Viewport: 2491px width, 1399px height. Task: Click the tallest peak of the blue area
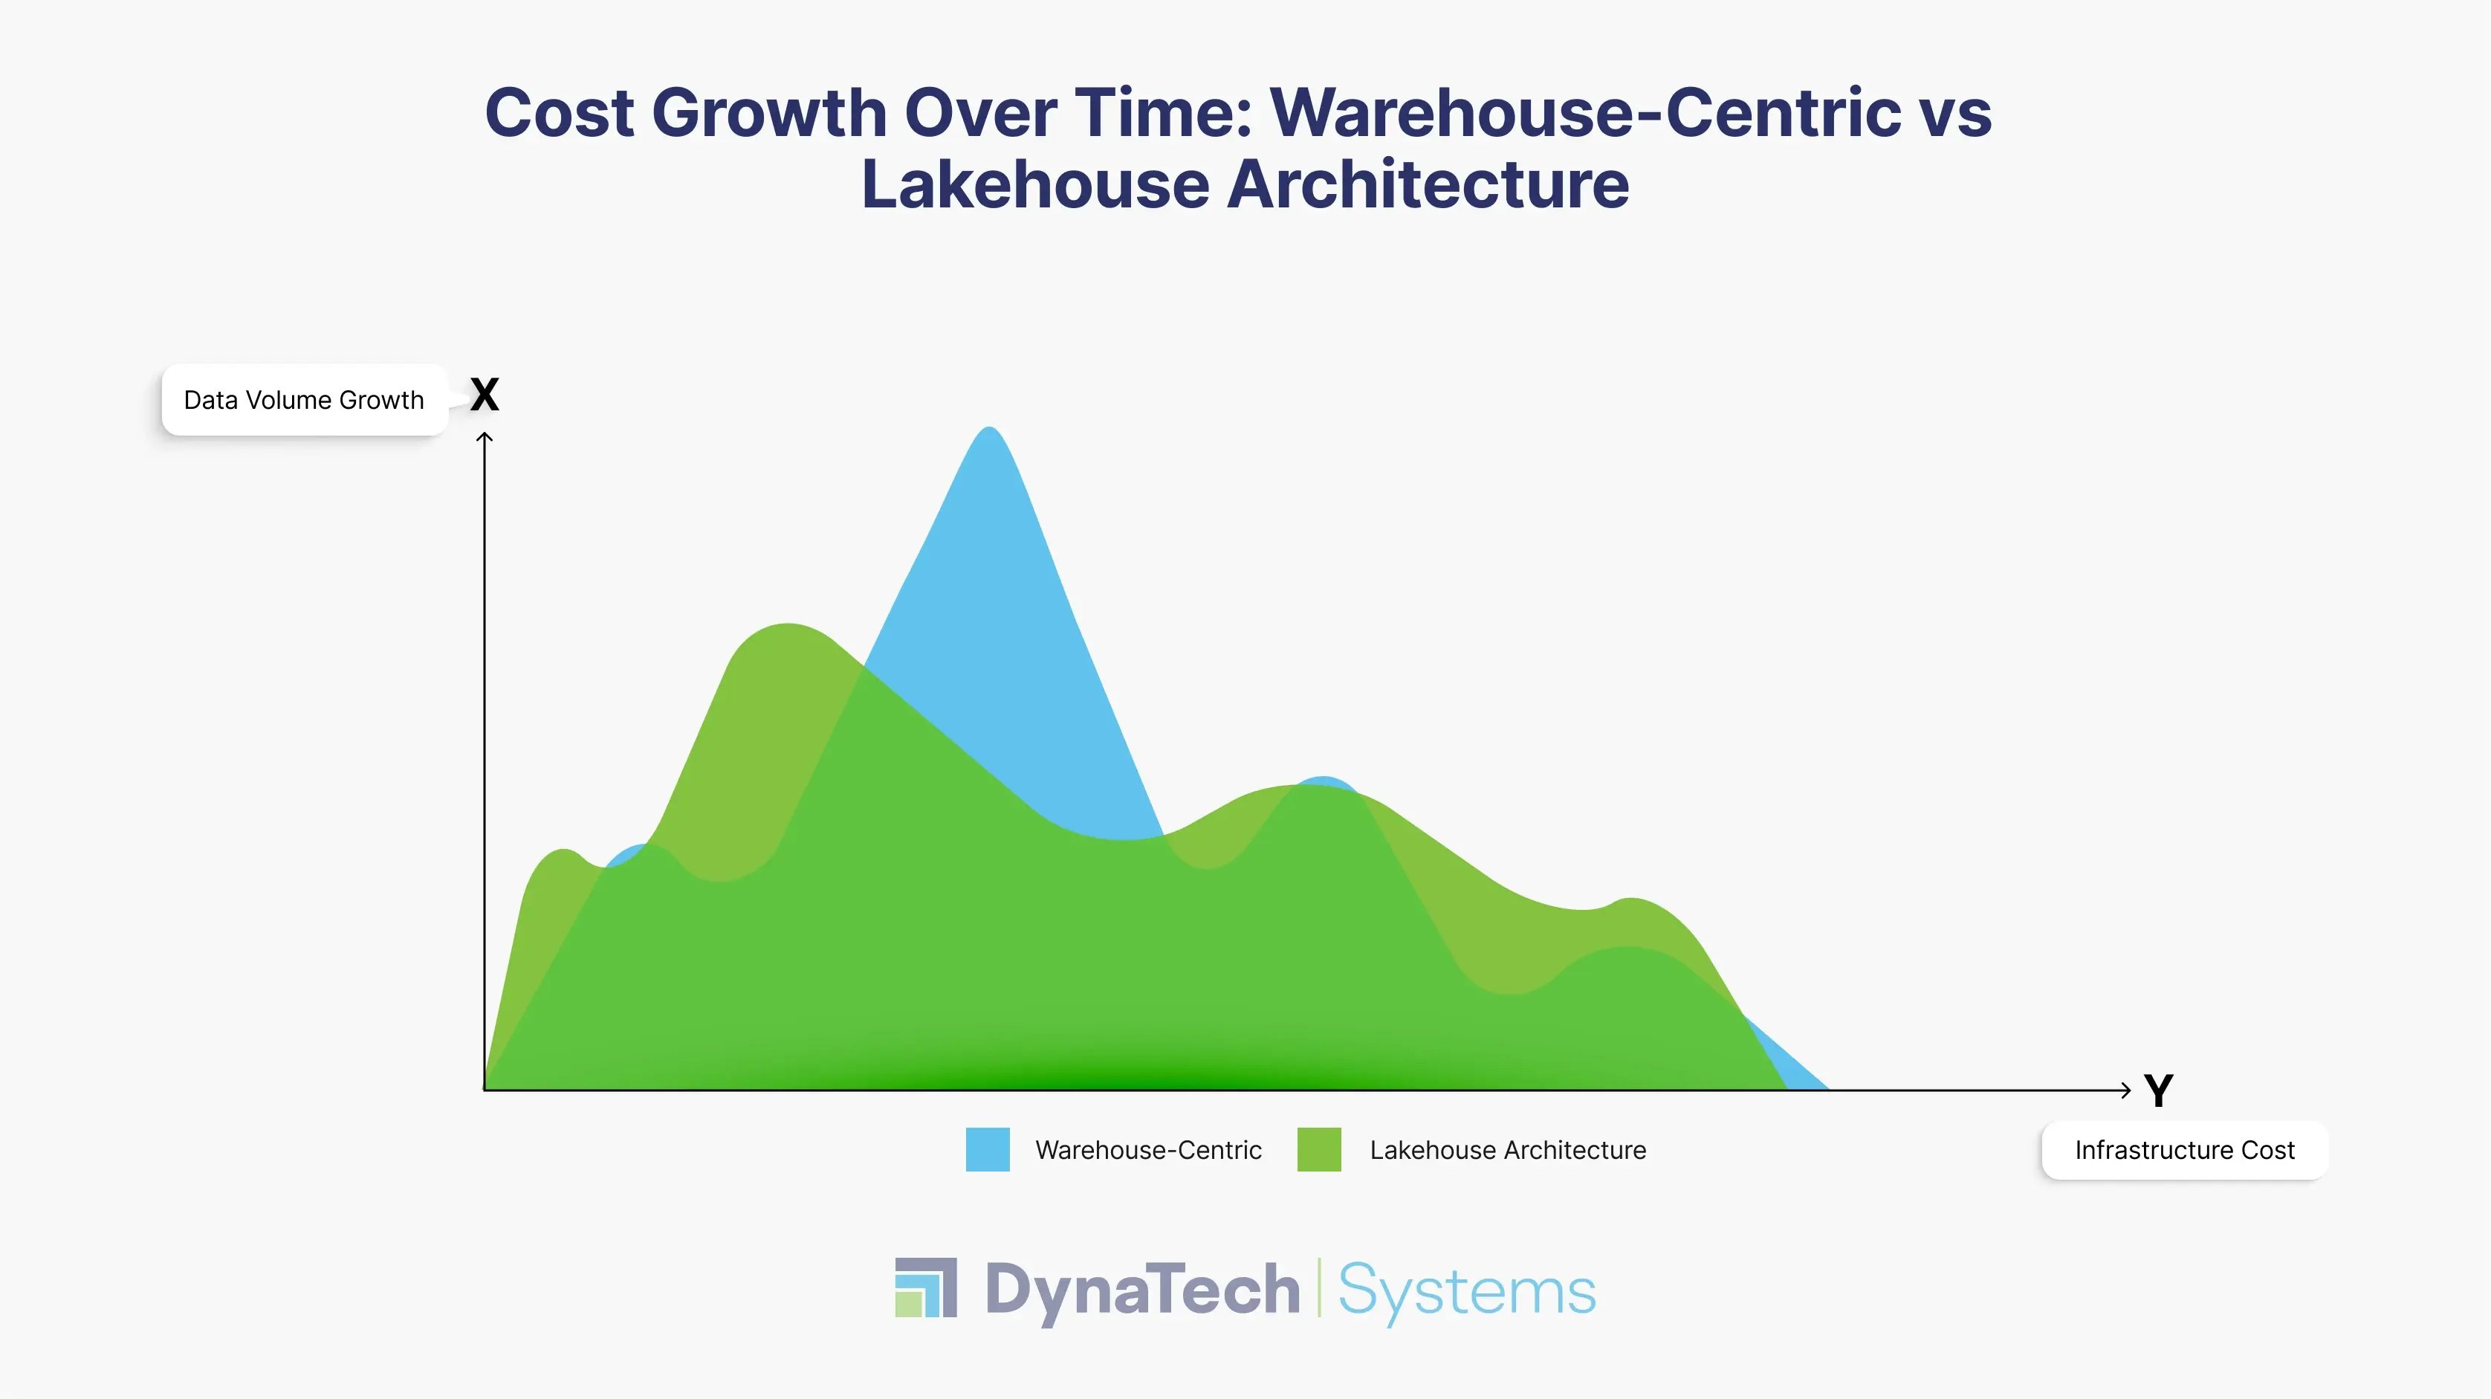tap(988, 436)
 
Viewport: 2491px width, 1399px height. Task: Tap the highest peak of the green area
tap(788, 632)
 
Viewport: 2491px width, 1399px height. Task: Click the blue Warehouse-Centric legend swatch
tap(988, 1149)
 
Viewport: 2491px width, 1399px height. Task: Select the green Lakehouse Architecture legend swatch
tap(1319, 1149)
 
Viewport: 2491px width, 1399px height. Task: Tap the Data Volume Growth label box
tap(304, 401)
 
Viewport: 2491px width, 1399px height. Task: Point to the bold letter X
tap(485, 395)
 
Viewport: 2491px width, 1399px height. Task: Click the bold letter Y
tap(2158, 1091)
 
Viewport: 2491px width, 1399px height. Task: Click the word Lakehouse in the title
tap(1034, 185)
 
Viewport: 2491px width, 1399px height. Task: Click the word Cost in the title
tap(559, 112)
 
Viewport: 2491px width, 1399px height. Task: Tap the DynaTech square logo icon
tap(925, 1287)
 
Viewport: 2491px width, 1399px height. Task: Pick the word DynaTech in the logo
tap(1142, 1290)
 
